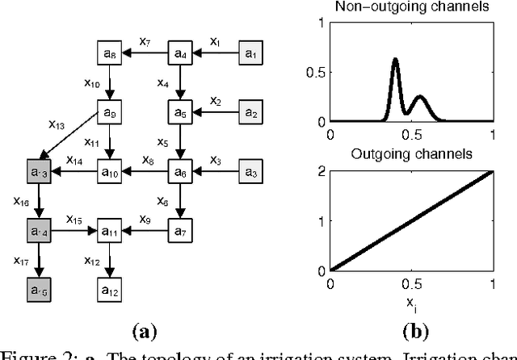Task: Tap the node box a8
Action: [109, 55]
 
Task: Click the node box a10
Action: [109, 171]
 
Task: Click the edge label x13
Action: [57, 124]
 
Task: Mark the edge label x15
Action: [74, 219]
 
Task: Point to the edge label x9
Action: [145, 218]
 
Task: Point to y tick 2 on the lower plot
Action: [322, 172]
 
